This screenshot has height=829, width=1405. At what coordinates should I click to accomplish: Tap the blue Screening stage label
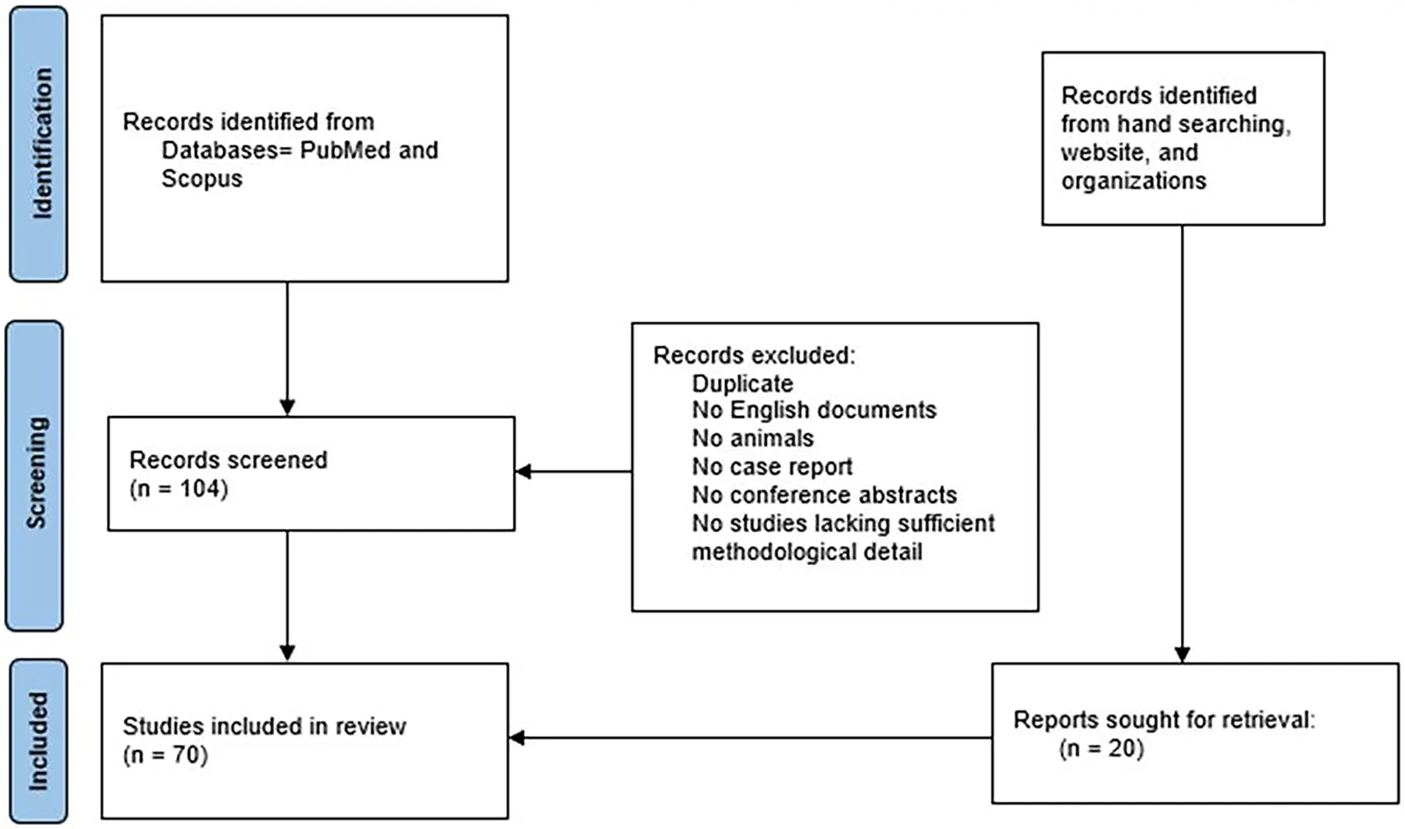click(x=35, y=475)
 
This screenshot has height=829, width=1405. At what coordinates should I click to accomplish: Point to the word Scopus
click(x=201, y=179)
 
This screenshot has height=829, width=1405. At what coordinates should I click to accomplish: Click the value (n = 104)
click(x=179, y=489)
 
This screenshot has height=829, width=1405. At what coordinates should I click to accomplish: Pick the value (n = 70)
click(x=165, y=755)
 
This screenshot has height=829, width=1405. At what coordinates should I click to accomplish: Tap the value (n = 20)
click(x=1101, y=749)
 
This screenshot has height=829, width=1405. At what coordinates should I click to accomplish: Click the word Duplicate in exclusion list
click(x=742, y=383)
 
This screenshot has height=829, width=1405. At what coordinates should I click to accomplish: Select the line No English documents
click(x=813, y=410)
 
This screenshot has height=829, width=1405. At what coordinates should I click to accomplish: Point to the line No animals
click(x=752, y=438)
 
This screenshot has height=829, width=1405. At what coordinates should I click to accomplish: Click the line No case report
click(x=772, y=467)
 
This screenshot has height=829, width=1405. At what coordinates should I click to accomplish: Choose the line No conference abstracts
click(x=823, y=495)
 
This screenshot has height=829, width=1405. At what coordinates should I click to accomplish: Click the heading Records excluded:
click(x=754, y=355)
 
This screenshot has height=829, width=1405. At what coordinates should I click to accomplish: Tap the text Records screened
click(x=228, y=460)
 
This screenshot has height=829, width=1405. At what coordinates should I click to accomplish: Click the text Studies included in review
click(x=264, y=726)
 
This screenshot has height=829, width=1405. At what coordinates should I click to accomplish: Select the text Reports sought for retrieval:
click(x=1163, y=720)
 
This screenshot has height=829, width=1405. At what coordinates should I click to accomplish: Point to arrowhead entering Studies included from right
click(x=516, y=738)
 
